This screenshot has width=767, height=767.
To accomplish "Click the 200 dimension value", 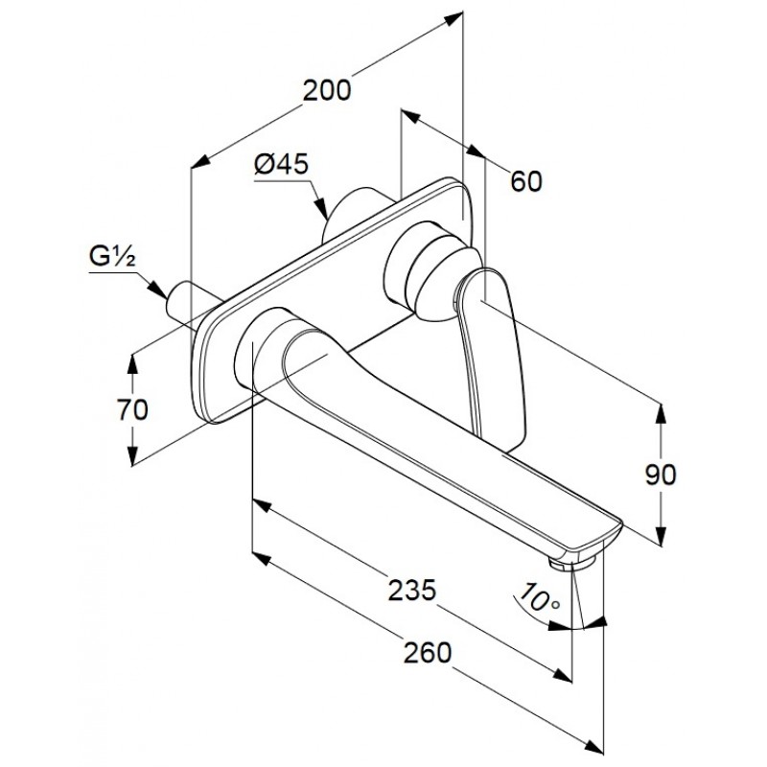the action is [327, 90].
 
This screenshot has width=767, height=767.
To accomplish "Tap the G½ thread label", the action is [112, 256].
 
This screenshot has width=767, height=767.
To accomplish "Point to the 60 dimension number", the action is [526, 181].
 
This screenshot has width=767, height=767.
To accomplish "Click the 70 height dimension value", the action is [132, 409].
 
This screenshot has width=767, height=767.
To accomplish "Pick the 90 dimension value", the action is [661, 474].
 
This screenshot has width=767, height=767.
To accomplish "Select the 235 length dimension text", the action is [411, 590].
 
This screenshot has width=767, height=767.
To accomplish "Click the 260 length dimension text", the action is [427, 653].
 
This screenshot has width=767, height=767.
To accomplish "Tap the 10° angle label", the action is [539, 597].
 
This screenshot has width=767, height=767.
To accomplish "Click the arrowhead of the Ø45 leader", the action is [322, 209].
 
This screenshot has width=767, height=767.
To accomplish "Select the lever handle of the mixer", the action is [492, 352].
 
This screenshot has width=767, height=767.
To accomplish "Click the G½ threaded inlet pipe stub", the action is [191, 304].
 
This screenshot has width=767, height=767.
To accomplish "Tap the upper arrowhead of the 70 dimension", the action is [132, 365].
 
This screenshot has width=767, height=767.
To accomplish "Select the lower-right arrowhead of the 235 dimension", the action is [563, 675].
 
